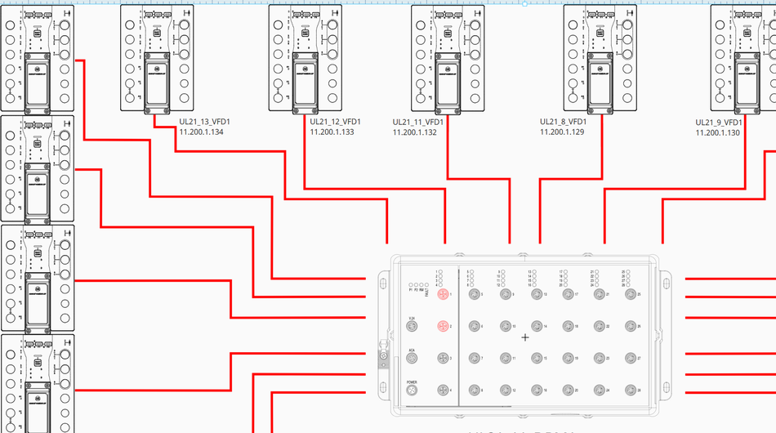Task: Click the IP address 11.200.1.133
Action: [332, 132]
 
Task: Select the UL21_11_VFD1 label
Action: [418, 122]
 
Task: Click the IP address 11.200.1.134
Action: [201, 132]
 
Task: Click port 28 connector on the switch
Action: [630, 391]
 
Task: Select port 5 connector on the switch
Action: [475, 294]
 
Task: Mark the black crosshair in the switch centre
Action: [525, 337]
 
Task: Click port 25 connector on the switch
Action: [630, 294]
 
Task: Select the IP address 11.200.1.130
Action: [718, 132]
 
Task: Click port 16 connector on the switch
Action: [537, 391]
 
